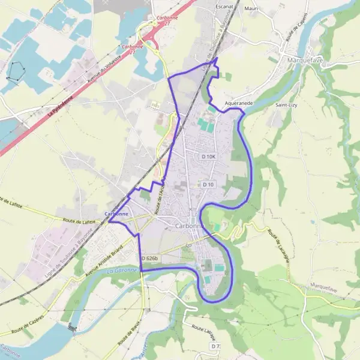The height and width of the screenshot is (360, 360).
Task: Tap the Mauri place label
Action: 252,9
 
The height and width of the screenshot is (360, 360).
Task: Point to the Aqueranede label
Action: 238,103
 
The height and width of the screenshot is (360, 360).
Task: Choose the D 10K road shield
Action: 208,156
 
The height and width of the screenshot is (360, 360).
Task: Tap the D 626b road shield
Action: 150,258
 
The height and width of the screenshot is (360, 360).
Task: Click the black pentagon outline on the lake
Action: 14,72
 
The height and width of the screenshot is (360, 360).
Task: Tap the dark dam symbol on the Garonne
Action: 73,328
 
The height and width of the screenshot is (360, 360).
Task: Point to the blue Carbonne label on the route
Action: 116,214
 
